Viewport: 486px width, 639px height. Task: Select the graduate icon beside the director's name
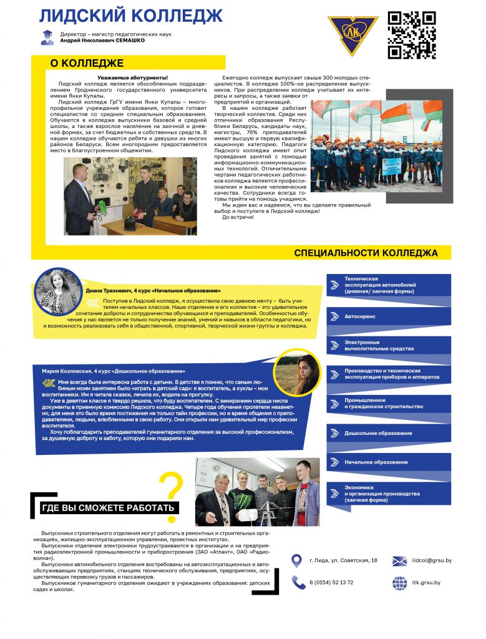[x=47, y=37]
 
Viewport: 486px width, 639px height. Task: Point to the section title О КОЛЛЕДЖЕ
[x=87, y=63]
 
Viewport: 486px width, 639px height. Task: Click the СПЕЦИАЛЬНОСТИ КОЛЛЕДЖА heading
[x=365, y=253]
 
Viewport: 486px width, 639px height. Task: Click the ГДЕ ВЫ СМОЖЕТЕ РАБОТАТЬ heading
[x=107, y=508]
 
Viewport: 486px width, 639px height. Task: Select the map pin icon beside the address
[x=298, y=560]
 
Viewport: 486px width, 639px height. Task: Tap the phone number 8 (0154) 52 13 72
[x=331, y=582]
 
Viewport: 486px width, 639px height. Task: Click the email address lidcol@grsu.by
[x=432, y=560]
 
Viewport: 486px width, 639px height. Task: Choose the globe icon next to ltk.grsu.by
[x=399, y=582]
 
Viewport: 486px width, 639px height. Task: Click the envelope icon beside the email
[x=399, y=560]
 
